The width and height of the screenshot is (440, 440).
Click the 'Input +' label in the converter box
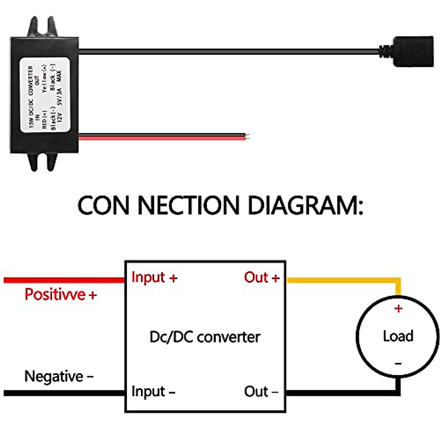154,278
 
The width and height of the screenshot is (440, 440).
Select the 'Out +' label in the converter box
262,278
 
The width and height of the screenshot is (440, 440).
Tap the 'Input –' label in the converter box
153,392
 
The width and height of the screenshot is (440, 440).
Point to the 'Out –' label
261,392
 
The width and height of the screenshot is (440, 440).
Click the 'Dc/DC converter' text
205,337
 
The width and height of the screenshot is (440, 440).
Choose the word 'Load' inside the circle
398,336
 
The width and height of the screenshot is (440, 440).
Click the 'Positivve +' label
60,294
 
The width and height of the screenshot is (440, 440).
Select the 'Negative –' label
59,377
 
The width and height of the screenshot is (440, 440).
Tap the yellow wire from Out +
341,280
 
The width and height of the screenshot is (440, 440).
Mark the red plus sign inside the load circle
398,309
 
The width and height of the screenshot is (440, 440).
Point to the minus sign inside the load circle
398,364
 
